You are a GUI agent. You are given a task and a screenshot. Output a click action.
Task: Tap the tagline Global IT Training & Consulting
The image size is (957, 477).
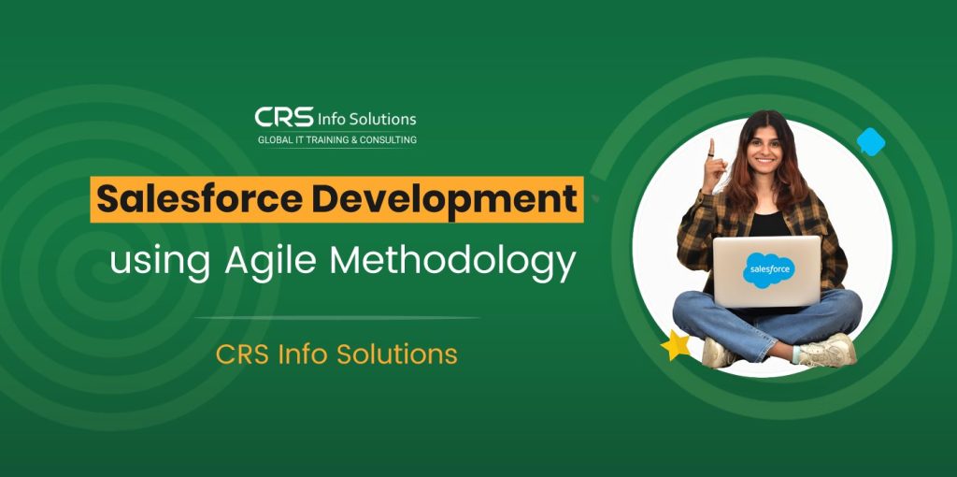click(336, 140)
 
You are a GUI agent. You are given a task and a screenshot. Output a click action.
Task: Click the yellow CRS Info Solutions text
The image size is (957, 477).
click(336, 354)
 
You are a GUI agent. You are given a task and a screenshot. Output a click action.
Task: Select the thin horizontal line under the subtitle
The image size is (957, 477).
click(336, 318)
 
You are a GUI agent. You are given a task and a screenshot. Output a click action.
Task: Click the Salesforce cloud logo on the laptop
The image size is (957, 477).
click(768, 269)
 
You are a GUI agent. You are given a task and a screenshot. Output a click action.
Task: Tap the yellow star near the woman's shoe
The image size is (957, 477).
click(675, 346)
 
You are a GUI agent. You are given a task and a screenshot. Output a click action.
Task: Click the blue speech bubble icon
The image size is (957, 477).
click(871, 141)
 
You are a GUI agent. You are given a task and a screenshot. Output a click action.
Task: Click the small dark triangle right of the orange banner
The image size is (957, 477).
click(595, 198)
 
